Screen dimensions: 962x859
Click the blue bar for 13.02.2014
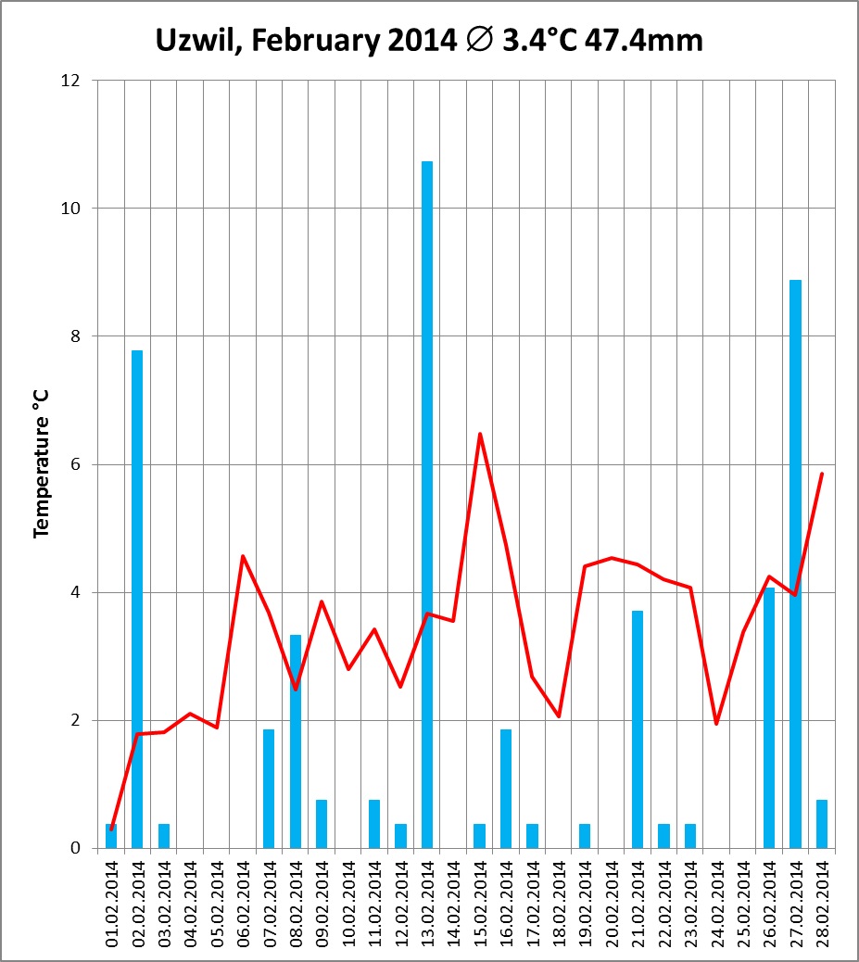tap(427, 504)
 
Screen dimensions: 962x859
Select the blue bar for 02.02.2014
tap(137, 599)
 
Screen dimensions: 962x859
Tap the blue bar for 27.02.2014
tap(795, 563)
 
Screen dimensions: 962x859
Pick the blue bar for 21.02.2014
tap(638, 729)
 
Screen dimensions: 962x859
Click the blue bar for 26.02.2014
tap(769, 717)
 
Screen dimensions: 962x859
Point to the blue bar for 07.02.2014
tap(269, 788)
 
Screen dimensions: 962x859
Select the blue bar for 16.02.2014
tap(506, 788)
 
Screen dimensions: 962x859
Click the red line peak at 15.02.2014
tap(480, 434)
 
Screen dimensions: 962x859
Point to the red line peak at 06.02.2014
tap(243, 556)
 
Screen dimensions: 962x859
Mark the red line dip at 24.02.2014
tap(716, 723)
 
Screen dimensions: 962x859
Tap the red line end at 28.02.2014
tap(822, 474)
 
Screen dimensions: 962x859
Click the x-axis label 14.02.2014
tap(454, 903)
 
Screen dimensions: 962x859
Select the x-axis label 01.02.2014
tap(111, 903)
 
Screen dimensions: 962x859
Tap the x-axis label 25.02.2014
tap(743, 903)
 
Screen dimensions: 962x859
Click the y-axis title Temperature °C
tap(41, 463)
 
